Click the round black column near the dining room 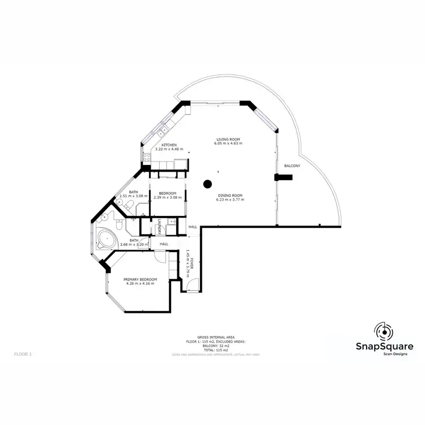click(207, 184)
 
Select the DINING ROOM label click(230, 196)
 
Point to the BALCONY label click(292, 165)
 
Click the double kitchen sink click(164, 130)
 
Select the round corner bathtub click(105, 237)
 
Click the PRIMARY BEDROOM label click(140, 279)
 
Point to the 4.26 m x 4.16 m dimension click(140, 284)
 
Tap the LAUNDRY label click(160, 225)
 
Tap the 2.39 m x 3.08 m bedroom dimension click(168, 197)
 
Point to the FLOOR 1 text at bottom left click(23, 354)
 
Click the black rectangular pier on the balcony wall click(283, 177)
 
